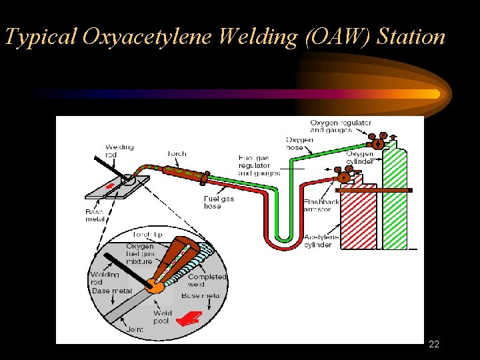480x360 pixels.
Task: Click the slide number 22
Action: click(x=434, y=344)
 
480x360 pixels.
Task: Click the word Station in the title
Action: click(x=411, y=37)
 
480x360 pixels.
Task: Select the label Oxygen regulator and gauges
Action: click(x=341, y=126)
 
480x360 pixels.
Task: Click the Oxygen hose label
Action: click(x=299, y=143)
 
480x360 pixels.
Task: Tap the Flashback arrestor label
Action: click(x=321, y=205)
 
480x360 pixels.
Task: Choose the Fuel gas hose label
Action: click(x=219, y=202)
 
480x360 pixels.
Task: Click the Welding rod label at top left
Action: click(x=119, y=151)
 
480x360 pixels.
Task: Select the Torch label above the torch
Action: click(x=177, y=154)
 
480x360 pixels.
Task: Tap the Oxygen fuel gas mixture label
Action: click(x=141, y=254)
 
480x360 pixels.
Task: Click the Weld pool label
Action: click(x=162, y=316)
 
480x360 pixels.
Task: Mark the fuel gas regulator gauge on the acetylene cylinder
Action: click(x=344, y=175)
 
